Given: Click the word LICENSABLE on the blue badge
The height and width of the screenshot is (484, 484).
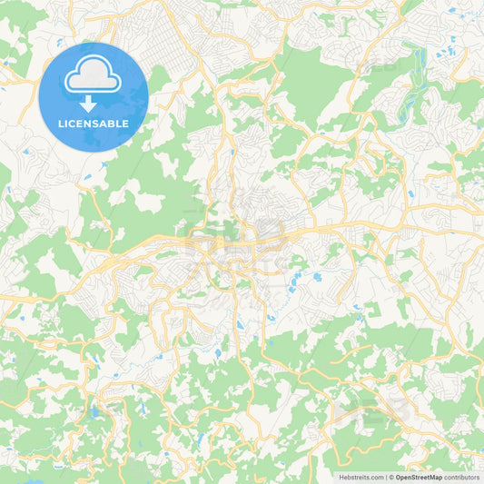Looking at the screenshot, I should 94,123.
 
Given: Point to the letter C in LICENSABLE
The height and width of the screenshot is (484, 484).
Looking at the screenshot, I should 74,123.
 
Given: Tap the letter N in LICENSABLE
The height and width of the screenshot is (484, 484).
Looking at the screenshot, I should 89,123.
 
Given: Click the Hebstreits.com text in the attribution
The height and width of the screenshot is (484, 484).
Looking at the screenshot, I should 361,477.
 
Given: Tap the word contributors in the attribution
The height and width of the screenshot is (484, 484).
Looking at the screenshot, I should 461,477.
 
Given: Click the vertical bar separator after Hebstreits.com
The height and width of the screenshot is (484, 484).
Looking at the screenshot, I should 386,477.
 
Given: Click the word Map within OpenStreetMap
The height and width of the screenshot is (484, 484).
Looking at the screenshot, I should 435,477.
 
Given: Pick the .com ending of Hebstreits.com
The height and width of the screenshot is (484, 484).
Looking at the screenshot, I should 376,477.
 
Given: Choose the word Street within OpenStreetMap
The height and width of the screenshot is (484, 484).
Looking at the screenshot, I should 419,477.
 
